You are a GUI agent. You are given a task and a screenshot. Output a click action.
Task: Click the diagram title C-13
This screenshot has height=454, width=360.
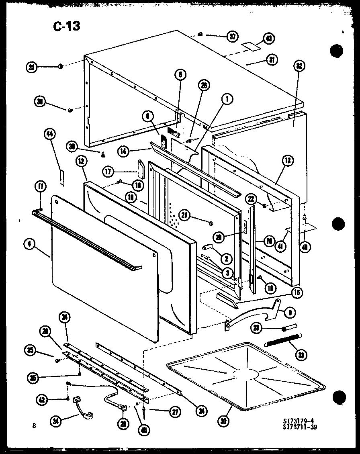click(x=66, y=27)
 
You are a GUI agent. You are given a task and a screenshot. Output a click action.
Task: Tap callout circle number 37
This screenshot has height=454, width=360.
click(x=232, y=37)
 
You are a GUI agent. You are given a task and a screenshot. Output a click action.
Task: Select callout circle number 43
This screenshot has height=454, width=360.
click(x=268, y=39)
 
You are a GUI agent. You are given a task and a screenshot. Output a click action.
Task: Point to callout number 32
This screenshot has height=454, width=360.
click(x=299, y=66)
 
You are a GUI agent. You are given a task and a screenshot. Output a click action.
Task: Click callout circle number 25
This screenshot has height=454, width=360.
click(x=32, y=67)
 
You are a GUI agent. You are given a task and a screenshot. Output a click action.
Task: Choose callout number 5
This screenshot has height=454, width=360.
click(x=180, y=74)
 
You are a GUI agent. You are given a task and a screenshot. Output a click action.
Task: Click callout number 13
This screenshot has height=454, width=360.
click(x=288, y=162)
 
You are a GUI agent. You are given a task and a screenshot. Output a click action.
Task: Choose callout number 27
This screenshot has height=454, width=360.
click(x=175, y=411)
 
